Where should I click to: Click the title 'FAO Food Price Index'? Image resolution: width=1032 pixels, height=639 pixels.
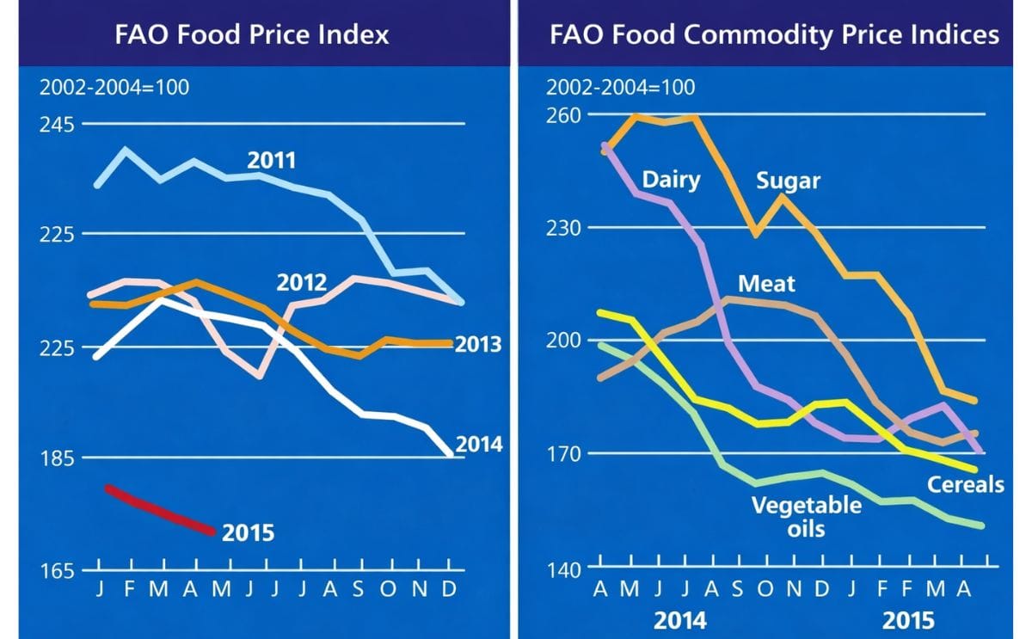click(x=252, y=34)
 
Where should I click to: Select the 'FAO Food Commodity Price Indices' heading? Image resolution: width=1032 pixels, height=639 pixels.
click(x=775, y=34)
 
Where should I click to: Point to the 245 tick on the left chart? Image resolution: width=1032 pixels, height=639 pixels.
click(x=58, y=125)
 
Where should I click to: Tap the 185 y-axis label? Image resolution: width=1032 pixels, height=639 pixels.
click(x=58, y=458)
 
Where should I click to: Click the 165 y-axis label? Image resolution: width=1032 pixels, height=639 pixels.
click(x=58, y=571)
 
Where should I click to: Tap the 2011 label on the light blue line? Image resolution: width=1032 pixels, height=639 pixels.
click(x=271, y=161)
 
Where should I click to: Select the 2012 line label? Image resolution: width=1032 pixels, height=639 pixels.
click(x=301, y=283)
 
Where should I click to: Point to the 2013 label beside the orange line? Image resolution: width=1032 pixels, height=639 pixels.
click(x=477, y=346)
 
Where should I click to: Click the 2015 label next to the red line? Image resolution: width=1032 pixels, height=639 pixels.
click(x=248, y=533)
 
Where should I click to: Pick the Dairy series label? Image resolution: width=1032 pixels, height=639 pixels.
click(x=671, y=181)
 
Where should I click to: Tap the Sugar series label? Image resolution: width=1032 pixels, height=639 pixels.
click(x=788, y=181)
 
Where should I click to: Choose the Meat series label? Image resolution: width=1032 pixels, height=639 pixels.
click(x=766, y=283)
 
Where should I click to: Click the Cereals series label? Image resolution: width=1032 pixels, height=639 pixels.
click(x=965, y=485)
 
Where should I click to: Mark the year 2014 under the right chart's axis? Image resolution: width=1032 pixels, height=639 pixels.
click(x=681, y=619)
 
